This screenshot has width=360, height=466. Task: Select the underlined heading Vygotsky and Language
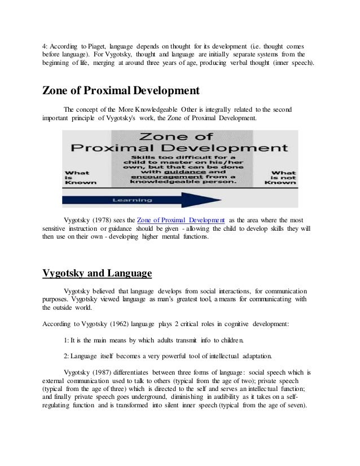[97, 274]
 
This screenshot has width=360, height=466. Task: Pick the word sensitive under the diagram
[56, 228]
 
